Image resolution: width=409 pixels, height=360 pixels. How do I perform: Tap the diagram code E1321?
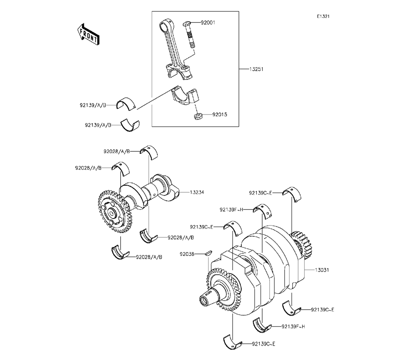(323, 16)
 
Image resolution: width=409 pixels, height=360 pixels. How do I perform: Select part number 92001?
(208, 22)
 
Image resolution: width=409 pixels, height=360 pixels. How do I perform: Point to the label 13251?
(256, 69)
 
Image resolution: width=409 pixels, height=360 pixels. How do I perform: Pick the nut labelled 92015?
(198, 116)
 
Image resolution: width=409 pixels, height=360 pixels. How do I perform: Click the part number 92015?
(220, 115)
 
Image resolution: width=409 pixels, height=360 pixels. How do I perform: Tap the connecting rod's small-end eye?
(165, 26)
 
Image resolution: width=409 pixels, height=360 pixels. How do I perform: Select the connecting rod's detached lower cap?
(185, 97)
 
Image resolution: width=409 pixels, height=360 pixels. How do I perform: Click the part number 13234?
(197, 192)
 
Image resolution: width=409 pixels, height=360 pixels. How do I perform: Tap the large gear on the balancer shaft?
(115, 211)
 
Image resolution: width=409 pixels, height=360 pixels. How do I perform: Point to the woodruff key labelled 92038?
(209, 253)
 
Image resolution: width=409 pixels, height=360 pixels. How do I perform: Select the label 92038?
(187, 254)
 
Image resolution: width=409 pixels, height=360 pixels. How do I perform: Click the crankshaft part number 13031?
(322, 270)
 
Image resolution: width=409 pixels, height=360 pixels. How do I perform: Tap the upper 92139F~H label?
(231, 209)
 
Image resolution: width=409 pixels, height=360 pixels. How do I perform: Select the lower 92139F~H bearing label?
(293, 326)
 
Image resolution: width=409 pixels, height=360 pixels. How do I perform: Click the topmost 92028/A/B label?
(117, 151)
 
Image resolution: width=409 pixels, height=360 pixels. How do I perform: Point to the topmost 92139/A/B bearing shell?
(126, 103)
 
